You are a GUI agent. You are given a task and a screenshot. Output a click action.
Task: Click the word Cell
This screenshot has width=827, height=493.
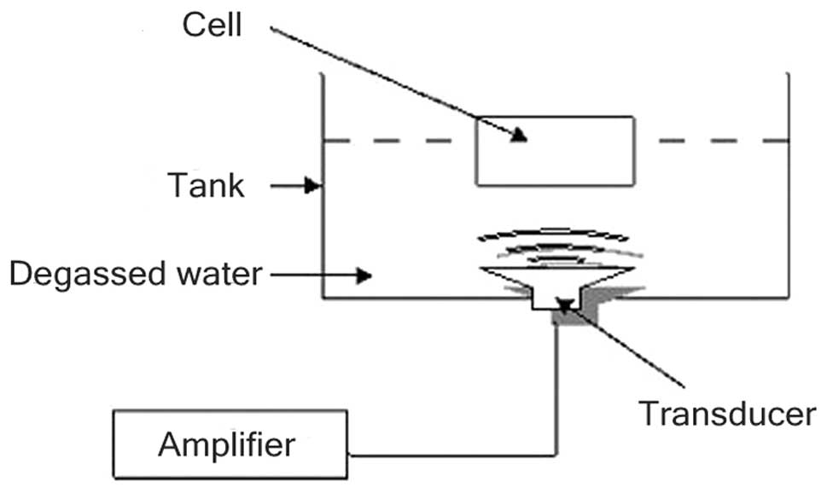point(213,26)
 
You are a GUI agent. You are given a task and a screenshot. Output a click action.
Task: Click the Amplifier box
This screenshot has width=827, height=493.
point(230,445)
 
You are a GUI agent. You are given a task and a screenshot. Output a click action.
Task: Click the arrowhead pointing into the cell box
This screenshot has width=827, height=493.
point(519,136)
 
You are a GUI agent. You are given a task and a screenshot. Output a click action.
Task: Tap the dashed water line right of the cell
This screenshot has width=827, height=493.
point(721,140)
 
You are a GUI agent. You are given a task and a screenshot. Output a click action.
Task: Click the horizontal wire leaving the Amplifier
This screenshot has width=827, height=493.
point(452,454)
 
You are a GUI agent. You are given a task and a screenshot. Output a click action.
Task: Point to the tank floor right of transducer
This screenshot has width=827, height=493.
point(708,298)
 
